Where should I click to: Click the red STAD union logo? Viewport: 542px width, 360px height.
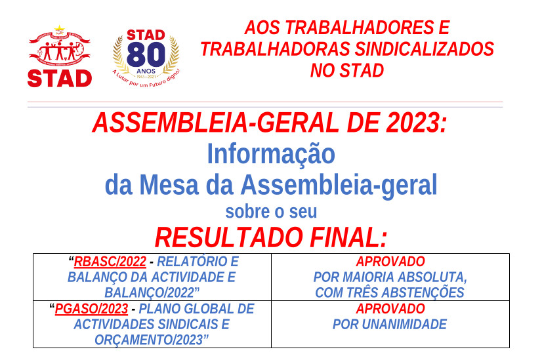point(59,57)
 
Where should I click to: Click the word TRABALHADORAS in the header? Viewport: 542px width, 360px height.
point(275,49)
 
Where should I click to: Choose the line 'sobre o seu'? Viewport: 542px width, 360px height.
point(271,212)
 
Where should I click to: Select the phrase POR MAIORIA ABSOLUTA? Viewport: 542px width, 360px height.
point(390,277)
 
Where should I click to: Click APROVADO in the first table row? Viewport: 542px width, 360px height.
point(390,262)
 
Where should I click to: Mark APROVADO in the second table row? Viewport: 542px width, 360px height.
point(390,309)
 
